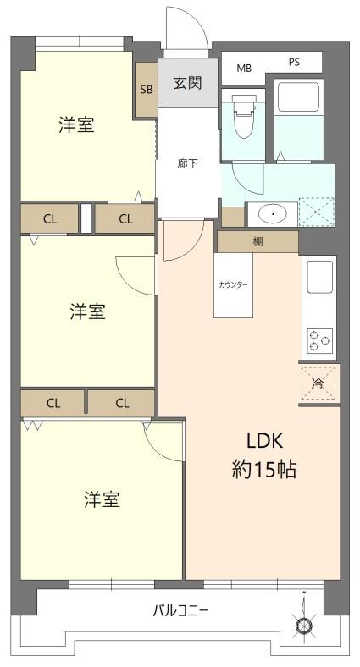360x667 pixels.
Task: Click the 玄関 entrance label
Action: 187,82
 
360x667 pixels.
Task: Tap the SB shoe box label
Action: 147,90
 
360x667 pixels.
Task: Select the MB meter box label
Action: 244,68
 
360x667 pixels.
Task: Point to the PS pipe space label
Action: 295,62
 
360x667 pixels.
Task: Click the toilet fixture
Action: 243,116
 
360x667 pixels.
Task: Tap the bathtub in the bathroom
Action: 298,97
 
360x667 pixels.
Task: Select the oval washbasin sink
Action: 273,214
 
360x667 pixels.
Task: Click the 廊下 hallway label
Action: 188,163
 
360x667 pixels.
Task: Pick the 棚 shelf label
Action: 258,242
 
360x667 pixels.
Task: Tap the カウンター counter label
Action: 233,285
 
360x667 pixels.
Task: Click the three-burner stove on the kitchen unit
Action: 319,340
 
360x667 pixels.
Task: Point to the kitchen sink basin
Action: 319,277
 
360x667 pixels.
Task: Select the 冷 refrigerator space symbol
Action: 318,383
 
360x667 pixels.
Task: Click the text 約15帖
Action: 263,470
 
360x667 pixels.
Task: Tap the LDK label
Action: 265,442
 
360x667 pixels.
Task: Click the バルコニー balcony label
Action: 180,611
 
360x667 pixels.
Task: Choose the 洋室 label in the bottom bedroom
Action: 102,499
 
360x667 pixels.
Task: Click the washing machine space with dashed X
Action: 316,212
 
